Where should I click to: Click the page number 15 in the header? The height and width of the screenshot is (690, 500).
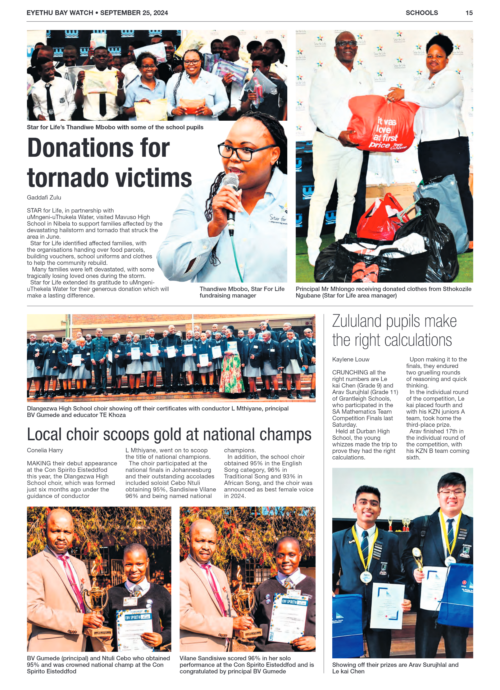click(469, 13)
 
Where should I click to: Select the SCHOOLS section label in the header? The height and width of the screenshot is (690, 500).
click(421, 13)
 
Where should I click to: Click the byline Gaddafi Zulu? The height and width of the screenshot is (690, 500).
click(44, 197)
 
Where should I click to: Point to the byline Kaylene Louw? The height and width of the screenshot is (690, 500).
click(351, 359)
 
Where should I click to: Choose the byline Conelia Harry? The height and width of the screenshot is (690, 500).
click(45, 450)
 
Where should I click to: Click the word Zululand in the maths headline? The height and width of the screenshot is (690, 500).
click(357, 321)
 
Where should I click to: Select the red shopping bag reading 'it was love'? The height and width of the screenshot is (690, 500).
click(382, 127)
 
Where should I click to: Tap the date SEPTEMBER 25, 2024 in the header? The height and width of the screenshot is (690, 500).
click(134, 13)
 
